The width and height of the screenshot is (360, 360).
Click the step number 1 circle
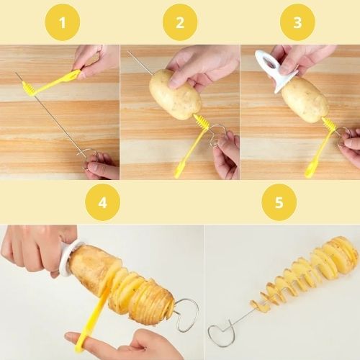[x=63, y=22]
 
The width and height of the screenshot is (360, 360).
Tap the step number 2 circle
[x=180, y=22]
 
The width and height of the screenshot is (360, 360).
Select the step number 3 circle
[x=297, y=22]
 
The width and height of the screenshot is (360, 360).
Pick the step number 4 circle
[x=103, y=202]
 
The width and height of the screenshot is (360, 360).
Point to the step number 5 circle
[x=279, y=202]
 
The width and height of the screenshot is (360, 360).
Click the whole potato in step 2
[x=175, y=94]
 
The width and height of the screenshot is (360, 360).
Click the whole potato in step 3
[x=305, y=99]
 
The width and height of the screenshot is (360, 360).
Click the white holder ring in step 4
[x=69, y=259]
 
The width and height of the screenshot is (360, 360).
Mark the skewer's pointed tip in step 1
[x=16, y=72]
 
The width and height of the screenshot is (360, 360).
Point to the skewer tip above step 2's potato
[x=128, y=51]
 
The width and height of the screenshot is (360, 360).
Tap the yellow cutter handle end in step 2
[x=179, y=171]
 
